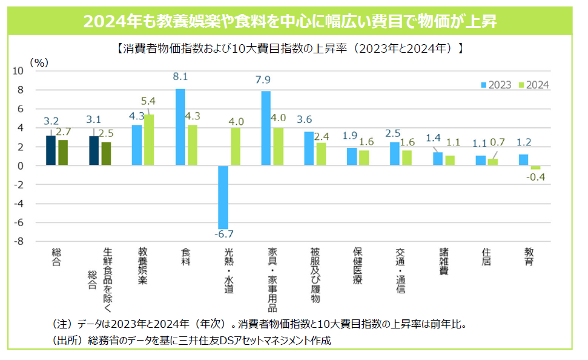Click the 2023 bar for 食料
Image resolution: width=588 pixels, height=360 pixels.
(x=180, y=127)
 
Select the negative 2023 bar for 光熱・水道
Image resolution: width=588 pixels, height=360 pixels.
(x=223, y=198)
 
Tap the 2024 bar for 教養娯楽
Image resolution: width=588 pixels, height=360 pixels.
(x=149, y=140)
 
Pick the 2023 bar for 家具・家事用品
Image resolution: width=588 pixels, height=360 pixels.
(x=266, y=128)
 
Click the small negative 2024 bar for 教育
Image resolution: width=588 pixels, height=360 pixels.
(x=535, y=168)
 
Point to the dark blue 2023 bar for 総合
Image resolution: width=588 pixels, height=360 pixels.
(x=51, y=150)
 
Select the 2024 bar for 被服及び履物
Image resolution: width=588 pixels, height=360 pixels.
(x=321, y=154)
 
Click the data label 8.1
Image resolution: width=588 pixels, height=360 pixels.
(x=180, y=77)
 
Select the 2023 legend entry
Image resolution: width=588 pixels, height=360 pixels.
(x=497, y=85)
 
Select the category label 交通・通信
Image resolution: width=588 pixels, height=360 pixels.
(x=400, y=270)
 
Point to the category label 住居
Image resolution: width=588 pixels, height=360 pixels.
(x=486, y=257)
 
